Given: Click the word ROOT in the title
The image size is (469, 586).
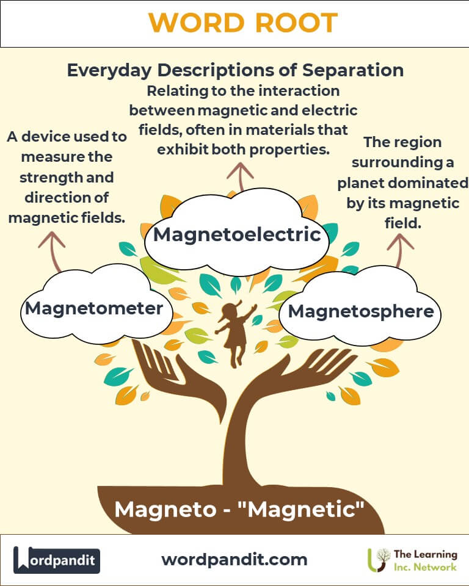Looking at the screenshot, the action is click(296, 23).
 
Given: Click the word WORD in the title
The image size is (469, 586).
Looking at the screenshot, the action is click(197, 23).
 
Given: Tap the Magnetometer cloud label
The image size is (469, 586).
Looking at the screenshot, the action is click(94, 308).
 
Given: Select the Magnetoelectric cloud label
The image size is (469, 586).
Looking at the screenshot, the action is click(237, 234).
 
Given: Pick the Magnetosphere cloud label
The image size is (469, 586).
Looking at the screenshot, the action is click(361, 311).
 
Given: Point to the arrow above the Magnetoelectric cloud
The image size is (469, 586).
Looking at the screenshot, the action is click(240, 177).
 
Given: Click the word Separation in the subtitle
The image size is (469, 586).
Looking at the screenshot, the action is click(353, 70).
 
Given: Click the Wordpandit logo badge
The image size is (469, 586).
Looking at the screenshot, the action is click(57, 560).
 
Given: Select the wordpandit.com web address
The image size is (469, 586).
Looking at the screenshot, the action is click(234, 560).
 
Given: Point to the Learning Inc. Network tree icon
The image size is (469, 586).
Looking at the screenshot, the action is click(379, 560).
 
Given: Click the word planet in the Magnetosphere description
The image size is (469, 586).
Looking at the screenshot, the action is click(362, 183).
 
